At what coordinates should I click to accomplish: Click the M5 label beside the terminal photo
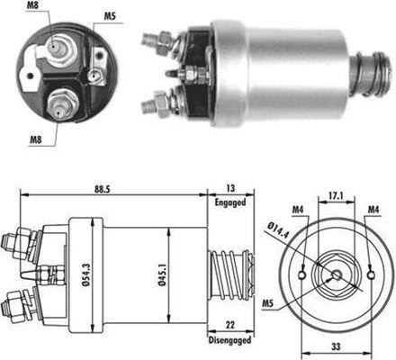108,16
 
